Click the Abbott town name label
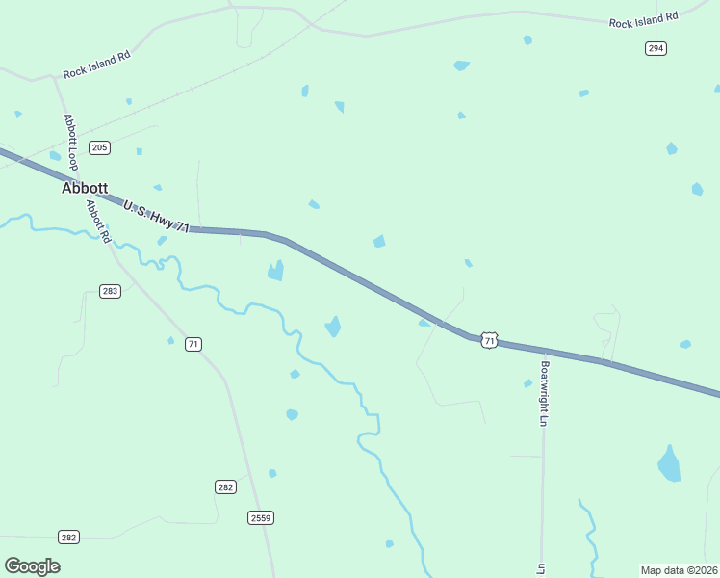coord(85,189)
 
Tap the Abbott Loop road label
coord(69,139)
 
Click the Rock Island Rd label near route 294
coord(644,18)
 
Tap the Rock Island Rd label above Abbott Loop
coord(96,66)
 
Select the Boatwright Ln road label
coord(544,394)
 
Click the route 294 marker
coord(656,48)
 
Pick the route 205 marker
coord(99,147)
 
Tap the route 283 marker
coord(110,291)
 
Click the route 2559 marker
coord(261,517)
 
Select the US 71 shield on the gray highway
coord(490,340)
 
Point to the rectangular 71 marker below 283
coord(193,344)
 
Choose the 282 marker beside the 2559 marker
coord(225,487)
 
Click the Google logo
coord(32,566)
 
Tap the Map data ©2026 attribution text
coord(679,570)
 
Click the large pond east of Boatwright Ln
coord(669,464)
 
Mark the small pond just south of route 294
coord(583,93)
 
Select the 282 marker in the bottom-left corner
coord(68,537)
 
